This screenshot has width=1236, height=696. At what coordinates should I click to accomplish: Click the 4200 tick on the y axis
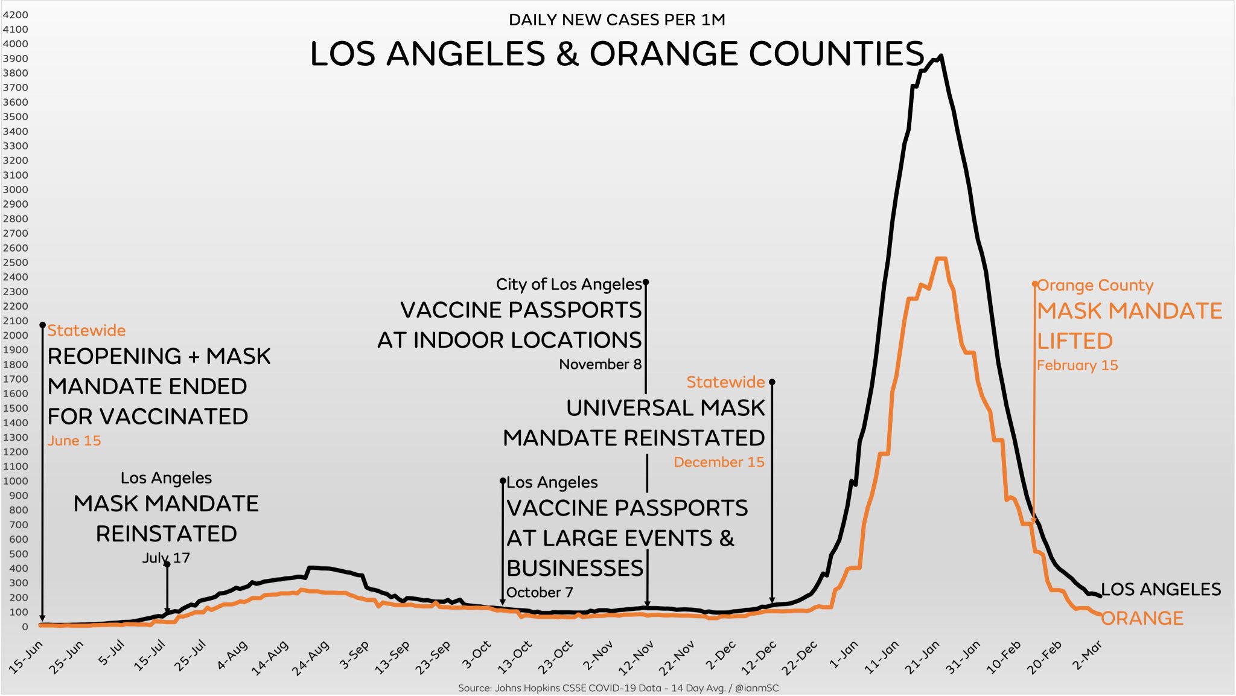tap(15, 14)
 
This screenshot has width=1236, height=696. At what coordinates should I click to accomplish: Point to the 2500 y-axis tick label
tap(15, 263)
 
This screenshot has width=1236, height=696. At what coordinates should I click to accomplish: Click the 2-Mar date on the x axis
tap(1088, 656)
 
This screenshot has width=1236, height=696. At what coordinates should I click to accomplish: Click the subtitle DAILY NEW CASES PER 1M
tap(617, 20)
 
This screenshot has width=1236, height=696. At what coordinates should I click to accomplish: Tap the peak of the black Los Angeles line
tap(941, 56)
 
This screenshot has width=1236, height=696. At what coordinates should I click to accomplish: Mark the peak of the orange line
tap(941, 259)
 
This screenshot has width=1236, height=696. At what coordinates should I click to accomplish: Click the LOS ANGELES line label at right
tap(1161, 589)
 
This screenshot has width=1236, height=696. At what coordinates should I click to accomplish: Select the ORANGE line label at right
tap(1142, 618)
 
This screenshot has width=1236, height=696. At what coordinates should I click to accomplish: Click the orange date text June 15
tap(74, 441)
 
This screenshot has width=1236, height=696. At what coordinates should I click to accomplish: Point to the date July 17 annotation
tap(166, 558)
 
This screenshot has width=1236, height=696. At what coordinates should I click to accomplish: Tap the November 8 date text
tap(600, 364)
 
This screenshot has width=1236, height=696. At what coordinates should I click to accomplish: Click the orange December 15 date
tap(719, 462)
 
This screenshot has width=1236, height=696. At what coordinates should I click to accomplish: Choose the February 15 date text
tap(1077, 365)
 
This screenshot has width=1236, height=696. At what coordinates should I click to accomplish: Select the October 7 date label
tap(540, 592)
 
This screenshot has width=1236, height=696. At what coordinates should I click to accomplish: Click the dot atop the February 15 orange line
tap(1034, 283)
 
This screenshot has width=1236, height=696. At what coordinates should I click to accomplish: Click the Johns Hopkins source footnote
tap(618, 688)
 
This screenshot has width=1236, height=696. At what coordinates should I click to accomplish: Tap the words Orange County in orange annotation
tap(1095, 285)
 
